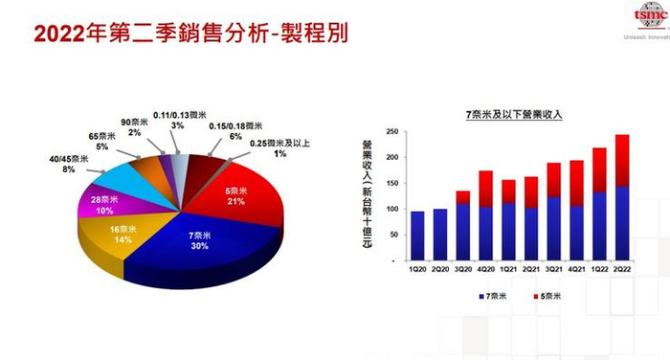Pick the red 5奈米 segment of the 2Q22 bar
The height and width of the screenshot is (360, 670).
pos(622,160)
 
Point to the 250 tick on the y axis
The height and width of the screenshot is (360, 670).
pos(393,133)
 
